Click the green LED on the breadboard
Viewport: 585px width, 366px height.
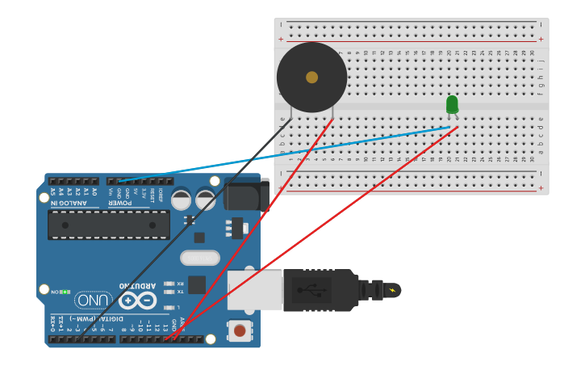[x=452, y=105]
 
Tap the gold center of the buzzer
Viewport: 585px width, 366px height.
[x=311, y=78]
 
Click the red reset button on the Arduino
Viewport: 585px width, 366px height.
[x=239, y=330]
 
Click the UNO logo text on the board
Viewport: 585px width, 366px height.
[x=94, y=300]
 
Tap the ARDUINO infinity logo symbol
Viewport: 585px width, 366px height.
[x=137, y=301]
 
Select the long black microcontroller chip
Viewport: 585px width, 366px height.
[x=109, y=225]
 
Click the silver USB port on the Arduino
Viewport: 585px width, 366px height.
[x=254, y=290]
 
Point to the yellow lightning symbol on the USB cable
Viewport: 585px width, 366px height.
[x=393, y=290]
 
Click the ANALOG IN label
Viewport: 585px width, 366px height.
[x=73, y=203]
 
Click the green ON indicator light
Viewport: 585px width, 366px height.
[x=64, y=292]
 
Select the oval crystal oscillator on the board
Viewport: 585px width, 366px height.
[x=200, y=258]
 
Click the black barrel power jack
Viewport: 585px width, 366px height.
[x=246, y=194]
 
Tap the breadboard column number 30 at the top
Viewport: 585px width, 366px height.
[x=533, y=53]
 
